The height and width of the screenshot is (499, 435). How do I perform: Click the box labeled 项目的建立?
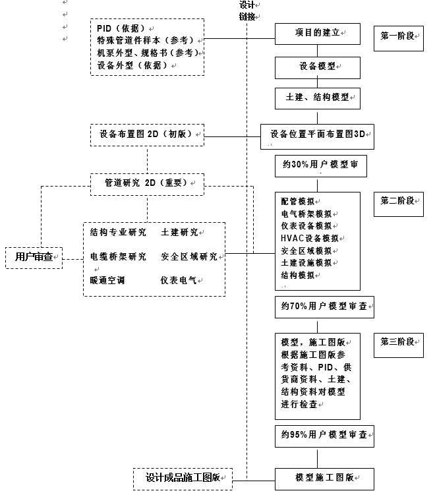click(318, 33)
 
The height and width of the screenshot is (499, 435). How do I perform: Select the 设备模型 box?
click(318, 67)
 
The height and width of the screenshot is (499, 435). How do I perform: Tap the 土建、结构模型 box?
click(318, 98)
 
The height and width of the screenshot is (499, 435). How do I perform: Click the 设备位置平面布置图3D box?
click(318, 135)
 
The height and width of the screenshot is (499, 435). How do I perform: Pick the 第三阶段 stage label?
click(398, 343)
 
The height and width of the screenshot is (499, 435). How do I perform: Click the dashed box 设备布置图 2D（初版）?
click(146, 134)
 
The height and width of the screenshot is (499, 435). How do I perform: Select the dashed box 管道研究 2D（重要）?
click(146, 183)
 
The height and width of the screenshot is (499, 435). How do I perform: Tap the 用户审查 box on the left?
click(34, 257)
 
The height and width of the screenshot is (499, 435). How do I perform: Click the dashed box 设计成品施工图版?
click(183, 479)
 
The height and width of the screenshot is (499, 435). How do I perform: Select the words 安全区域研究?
click(188, 257)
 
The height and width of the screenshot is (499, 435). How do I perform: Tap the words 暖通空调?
click(107, 281)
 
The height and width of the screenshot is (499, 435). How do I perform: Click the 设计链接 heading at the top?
click(248, 11)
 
